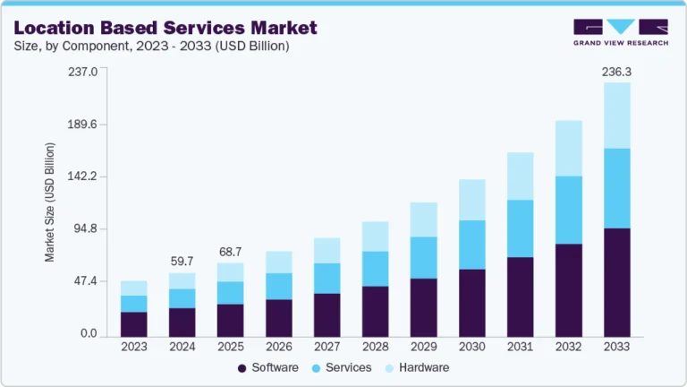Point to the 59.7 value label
coord(182,262)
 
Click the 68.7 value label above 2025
coord(230,251)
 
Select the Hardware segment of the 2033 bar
coord(616,116)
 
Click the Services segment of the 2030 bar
coord(471,245)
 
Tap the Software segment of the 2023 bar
coord(133,324)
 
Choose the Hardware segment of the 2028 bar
coord(375,236)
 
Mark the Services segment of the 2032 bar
coord(568,210)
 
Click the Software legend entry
coord(267,367)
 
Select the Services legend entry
coord(341,367)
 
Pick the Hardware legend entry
coord(415,367)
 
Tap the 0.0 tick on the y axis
coord(88,334)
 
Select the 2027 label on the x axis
coord(327,347)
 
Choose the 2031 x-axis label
coord(520,347)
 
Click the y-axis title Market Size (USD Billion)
coord(50,203)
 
